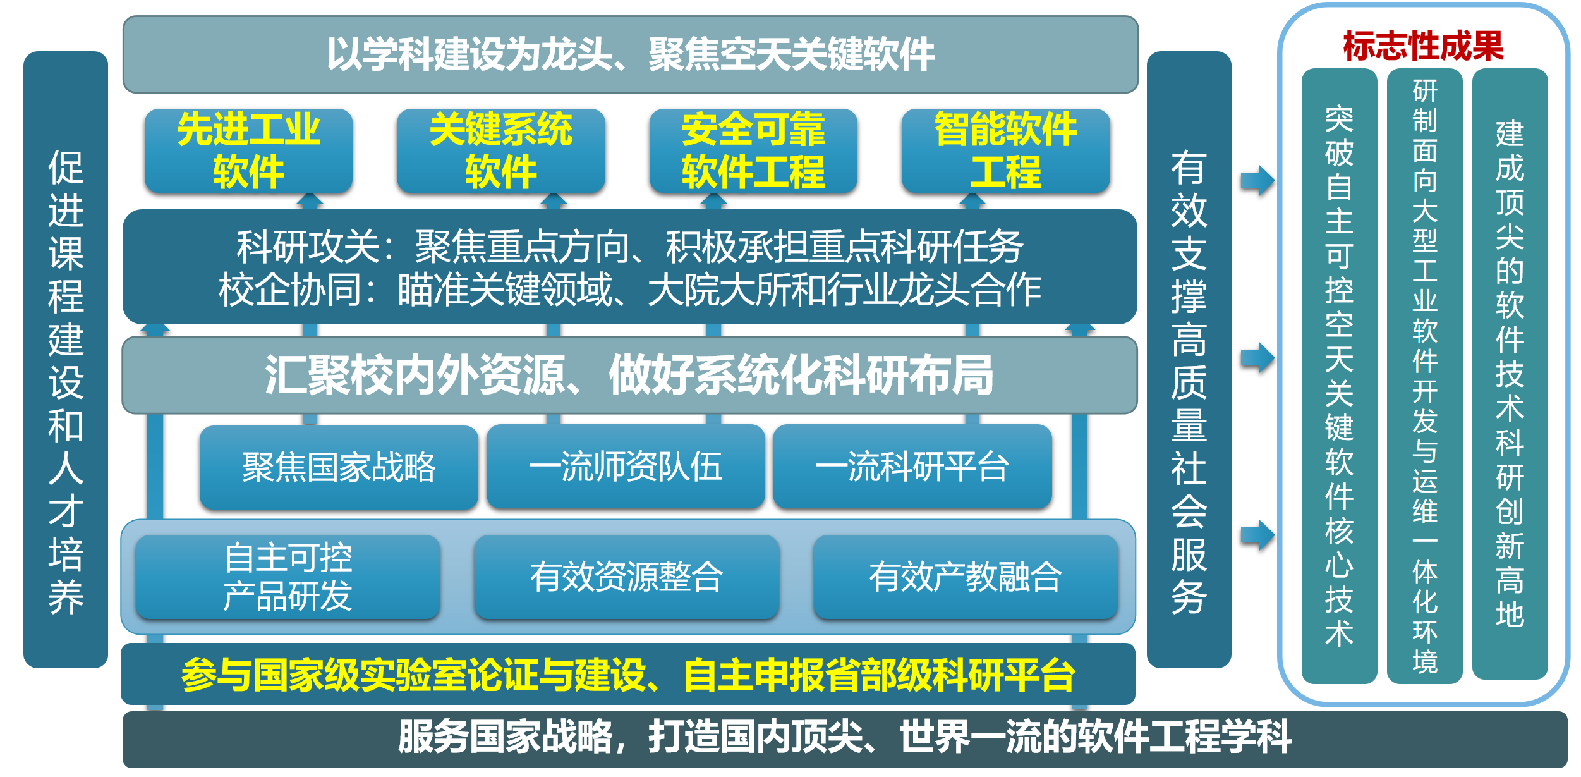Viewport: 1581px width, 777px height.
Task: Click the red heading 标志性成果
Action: click(x=1423, y=46)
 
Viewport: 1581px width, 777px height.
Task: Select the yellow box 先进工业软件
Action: click(x=248, y=150)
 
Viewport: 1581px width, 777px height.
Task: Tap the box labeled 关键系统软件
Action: click(x=500, y=150)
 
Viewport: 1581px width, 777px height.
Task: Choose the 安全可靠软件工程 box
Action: click(x=753, y=150)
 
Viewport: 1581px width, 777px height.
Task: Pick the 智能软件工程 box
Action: click(x=1005, y=150)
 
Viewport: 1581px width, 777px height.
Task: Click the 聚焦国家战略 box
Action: click(x=339, y=467)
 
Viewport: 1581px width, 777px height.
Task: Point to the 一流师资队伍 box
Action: click(x=625, y=467)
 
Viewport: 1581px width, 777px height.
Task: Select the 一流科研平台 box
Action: click(x=912, y=467)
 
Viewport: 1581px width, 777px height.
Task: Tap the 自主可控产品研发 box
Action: click(x=288, y=577)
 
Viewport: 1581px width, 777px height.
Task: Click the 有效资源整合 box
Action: click(x=626, y=577)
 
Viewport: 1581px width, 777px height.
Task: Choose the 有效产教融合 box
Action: click(x=965, y=577)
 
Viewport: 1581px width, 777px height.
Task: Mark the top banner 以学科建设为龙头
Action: click(x=630, y=54)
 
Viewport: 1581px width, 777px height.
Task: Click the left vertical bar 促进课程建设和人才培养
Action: click(x=66, y=359)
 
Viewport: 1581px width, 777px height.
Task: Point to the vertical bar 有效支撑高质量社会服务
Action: click(x=1189, y=359)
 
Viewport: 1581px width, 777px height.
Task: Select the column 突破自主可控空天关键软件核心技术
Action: click(x=1339, y=376)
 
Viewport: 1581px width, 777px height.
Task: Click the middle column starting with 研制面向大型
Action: click(x=1424, y=376)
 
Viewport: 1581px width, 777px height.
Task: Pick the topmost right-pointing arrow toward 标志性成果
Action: click(x=1257, y=181)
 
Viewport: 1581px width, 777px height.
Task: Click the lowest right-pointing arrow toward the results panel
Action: click(x=1257, y=535)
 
